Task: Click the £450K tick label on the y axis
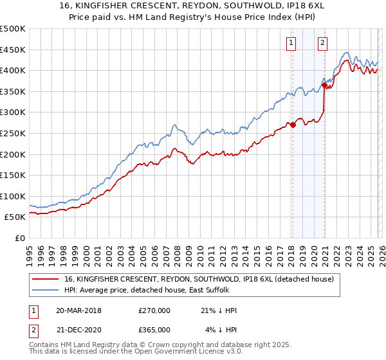[13, 50]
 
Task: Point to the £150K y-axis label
[13, 175]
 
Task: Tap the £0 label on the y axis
[20, 238]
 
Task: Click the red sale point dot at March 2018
[292, 125]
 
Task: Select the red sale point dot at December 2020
[324, 85]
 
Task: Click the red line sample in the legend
[46, 280]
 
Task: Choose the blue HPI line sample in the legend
[46, 291]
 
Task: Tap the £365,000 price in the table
[154, 329]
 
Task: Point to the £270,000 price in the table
[154, 310]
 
